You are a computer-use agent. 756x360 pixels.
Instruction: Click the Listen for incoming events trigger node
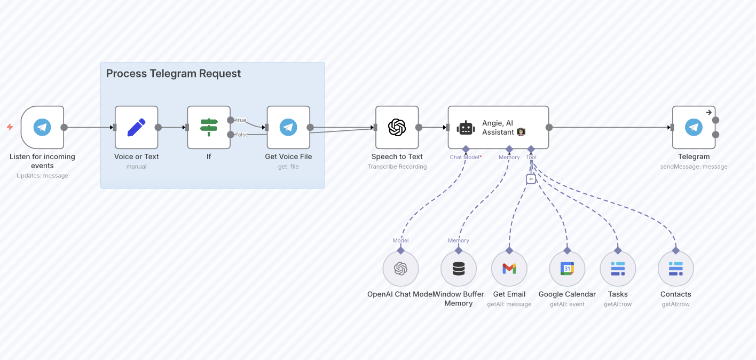click(x=42, y=127)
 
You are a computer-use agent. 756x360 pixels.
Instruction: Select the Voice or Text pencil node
click(x=136, y=127)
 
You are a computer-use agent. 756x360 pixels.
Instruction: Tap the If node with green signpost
click(x=209, y=127)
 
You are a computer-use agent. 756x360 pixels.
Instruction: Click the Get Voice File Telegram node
click(x=288, y=127)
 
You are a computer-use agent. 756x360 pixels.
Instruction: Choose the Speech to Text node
click(x=397, y=127)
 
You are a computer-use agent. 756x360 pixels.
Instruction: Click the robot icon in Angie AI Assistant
click(x=466, y=128)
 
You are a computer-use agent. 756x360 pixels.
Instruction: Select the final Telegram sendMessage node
click(x=694, y=127)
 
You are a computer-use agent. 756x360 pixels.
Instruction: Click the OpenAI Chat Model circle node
click(x=400, y=269)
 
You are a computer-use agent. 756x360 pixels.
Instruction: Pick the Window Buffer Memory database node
click(x=458, y=269)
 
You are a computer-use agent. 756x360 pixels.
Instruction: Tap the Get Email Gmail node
click(x=509, y=269)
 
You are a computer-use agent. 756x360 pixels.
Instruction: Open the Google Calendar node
click(x=567, y=269)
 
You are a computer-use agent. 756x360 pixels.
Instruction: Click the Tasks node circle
click(x=618, y=269)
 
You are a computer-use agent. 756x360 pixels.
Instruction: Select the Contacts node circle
click(x=675, y=269)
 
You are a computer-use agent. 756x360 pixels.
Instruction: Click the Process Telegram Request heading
click(x=174, y=74)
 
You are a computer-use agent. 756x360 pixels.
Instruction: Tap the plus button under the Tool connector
click(x=531, y=179)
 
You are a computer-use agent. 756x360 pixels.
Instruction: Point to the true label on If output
click(x=241, y=120)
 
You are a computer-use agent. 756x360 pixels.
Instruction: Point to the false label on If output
click(x=242, y=135)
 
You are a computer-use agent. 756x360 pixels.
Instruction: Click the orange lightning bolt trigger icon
click(x=10, y=127)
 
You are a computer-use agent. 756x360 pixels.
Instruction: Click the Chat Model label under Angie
click(x=465, y=157)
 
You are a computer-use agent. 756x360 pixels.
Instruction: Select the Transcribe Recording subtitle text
click(x=397, y=167)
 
